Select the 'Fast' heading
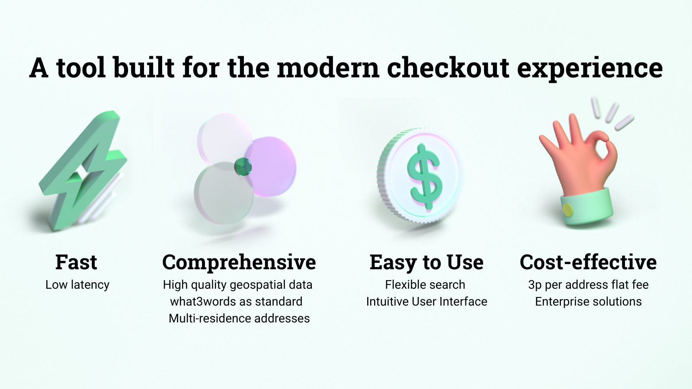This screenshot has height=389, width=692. tap(76, 262)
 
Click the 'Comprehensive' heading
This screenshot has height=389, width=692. tap(239, 262)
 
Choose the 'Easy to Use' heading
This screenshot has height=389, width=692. tap(426, 262)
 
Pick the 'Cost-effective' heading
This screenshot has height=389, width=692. tap(588, 262)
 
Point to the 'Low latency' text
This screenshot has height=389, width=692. tap(77, 285)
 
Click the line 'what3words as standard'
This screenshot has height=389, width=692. tap(236, 301)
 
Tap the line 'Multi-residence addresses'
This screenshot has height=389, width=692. tap(239, 318)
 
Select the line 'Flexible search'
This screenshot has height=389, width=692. tap(425, 285)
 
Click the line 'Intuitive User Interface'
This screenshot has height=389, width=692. tap(426, 301)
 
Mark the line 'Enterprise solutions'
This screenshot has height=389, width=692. tap(588, 302)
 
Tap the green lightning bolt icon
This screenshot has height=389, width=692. tap(83, 170)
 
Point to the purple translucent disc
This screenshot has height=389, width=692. tap(271, 167)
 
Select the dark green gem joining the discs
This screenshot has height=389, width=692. tap(243, 167)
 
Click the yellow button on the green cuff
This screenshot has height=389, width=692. tap(567, 210)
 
